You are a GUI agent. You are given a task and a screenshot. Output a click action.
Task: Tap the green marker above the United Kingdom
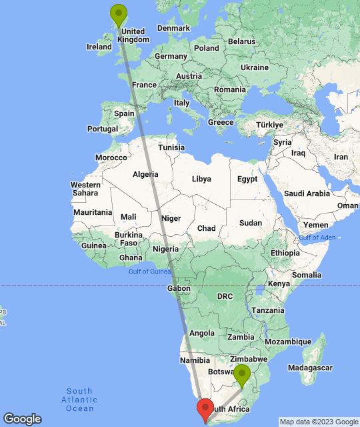(x=119, y=14)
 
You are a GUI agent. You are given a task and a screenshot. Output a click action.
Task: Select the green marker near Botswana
(x=241, y=374)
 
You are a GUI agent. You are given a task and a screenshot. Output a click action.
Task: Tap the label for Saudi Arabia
(x=307, y=193)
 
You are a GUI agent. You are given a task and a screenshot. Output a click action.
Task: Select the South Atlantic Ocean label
(x=79, y=399)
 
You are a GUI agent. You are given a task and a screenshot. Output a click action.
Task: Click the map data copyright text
(x=318, y=422)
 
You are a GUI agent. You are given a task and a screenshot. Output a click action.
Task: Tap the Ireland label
(x=99, y=47)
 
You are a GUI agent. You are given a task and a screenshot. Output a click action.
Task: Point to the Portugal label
(x=103, y=129)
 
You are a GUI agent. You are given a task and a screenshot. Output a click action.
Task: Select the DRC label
(x=225, y=296)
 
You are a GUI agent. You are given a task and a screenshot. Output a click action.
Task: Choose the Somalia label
(x=306, y=274)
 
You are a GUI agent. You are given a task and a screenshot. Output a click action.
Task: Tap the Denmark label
(x=173, y=28)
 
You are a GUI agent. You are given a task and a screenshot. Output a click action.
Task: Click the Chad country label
(x=206, y=228)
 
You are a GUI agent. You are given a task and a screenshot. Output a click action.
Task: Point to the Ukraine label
(x=254, y=67)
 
